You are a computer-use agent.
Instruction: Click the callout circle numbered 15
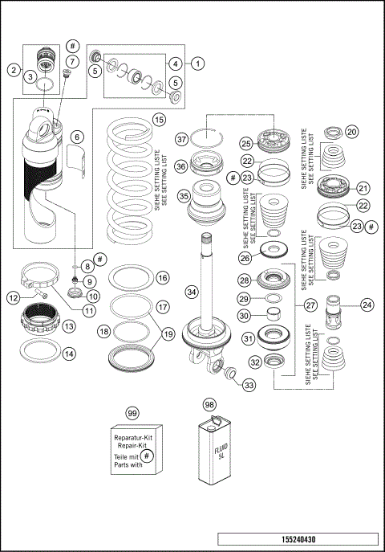pyautogui.click(x=159, y=120)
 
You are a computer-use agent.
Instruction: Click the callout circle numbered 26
pyautogui.click(x=245, y=258)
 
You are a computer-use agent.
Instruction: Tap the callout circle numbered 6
pyautogui.click(x=76, y=137)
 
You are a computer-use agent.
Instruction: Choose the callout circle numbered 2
pyautogui.click(x=14, y=70)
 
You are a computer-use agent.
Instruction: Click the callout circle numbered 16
pyautogui.click(x=162, y=277)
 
